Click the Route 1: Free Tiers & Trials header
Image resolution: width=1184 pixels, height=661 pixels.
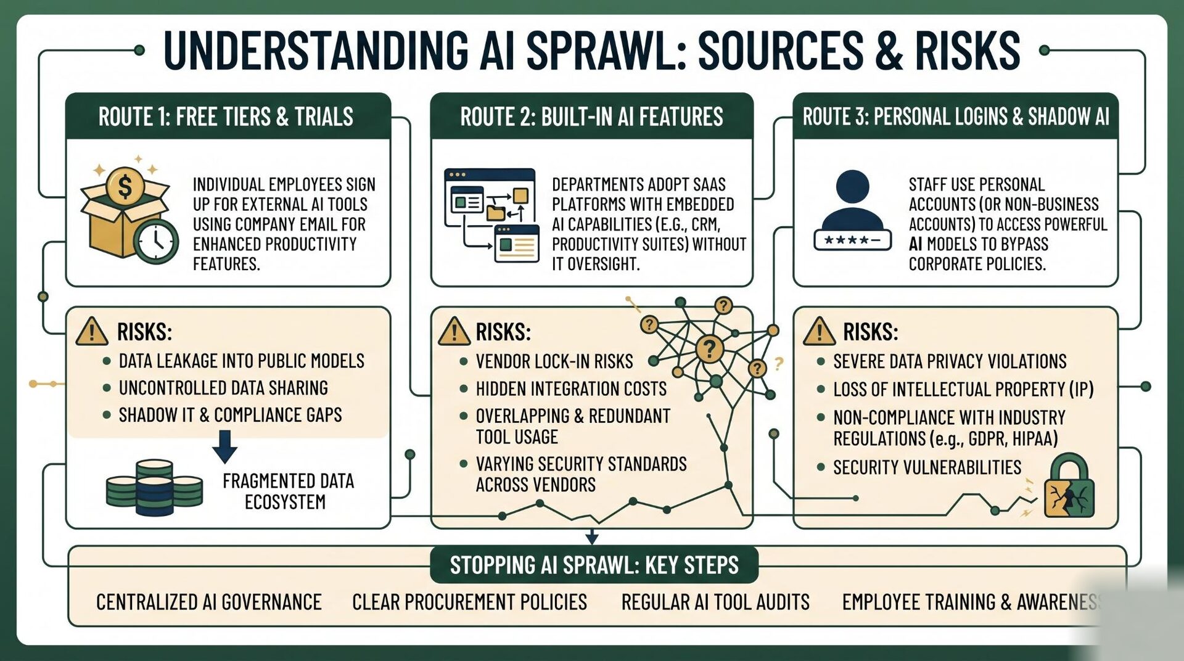coord(226,117)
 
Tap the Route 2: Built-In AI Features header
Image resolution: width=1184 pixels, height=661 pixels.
coord(591,117)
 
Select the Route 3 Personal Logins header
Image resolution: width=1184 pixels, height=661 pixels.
coord(955,117)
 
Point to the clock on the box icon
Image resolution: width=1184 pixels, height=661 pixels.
coord(156,241)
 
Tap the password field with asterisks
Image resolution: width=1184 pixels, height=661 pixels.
coord(852,240)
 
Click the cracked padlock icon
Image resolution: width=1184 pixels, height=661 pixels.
coord(1069,486)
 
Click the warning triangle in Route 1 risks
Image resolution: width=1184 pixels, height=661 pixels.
coord(92,331)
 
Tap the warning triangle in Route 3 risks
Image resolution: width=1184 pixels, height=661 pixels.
coord(820,331)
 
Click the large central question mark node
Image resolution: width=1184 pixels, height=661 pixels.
coord(709,349)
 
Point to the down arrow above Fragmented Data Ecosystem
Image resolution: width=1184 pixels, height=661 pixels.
coord(224,446)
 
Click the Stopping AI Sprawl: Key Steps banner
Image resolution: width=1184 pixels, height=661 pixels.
coord(594,565)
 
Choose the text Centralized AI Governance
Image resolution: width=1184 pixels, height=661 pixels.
coord(209,602)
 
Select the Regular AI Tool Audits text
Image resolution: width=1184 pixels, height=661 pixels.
coord(715,602)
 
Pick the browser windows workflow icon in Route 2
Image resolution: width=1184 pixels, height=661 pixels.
coord(491,215)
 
